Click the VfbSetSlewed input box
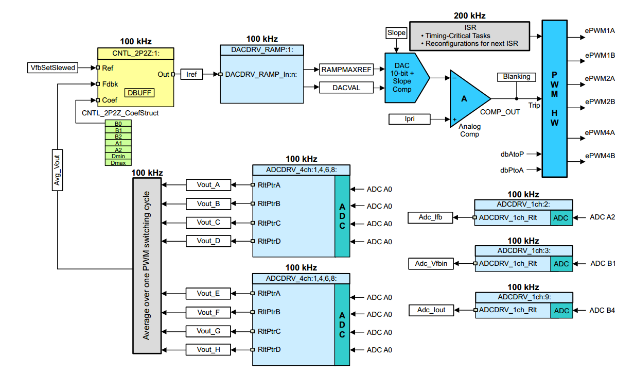(52, 67)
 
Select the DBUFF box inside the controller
(139, 93)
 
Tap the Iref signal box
(191, 75)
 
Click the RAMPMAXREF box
(346, 69)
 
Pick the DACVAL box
(346, 88)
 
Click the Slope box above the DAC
(396, 33)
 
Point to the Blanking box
(516, 77)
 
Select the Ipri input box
(409, 119)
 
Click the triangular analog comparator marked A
(466, 99)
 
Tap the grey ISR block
(469, 36)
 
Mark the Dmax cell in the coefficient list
(118, 163)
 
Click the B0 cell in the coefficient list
(118, 123)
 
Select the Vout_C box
(208, 223)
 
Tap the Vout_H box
(208, 350)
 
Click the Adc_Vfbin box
(431, 264)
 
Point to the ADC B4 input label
(602, 310)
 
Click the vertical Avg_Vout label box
(57, 169)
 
